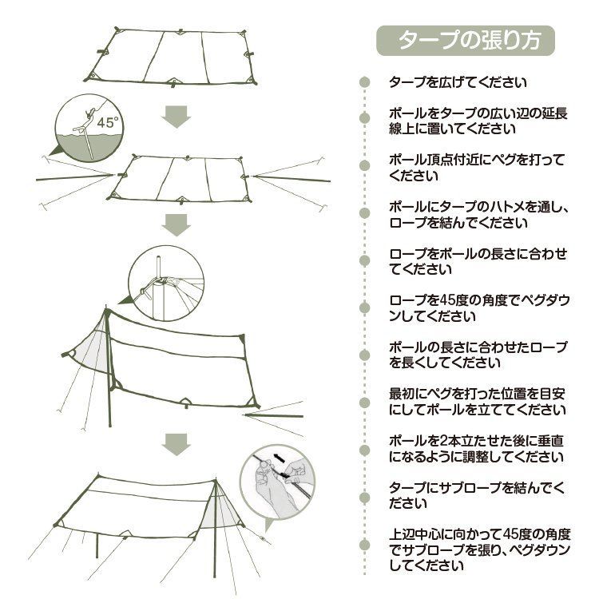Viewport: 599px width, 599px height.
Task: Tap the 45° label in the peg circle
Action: [x=106, y=123]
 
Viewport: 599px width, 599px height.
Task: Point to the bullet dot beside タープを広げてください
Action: [x=365, y=82]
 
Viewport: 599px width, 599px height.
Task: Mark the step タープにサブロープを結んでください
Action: [x=477, y=496]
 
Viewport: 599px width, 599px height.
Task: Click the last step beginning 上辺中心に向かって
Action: [x=478, y=550]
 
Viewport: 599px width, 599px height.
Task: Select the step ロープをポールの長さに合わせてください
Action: [x=478, y=261]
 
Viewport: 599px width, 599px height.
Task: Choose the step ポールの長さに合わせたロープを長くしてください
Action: [x=478, y=355]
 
